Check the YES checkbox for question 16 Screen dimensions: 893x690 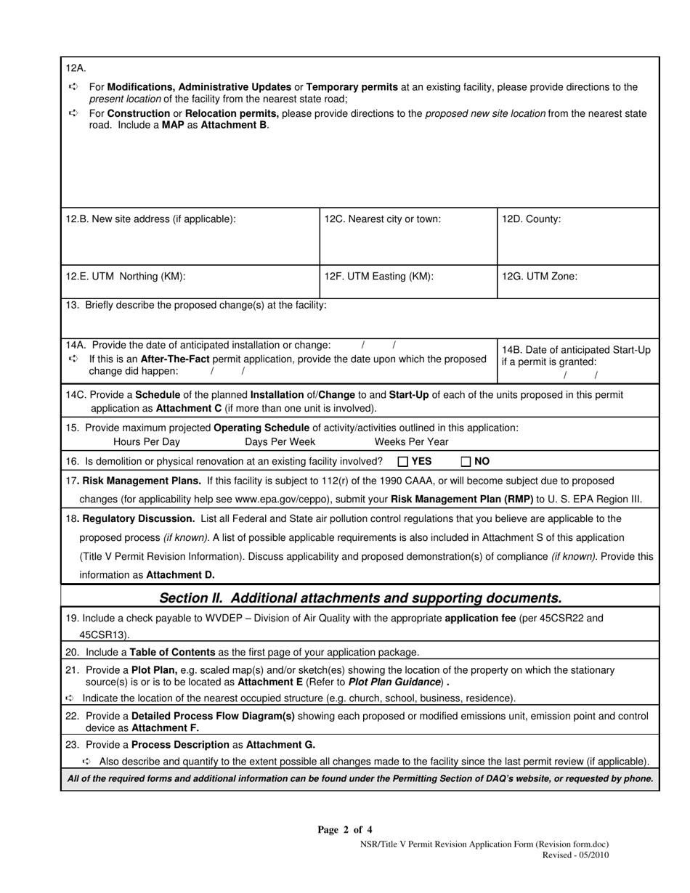403,461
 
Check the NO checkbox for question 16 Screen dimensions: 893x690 466,461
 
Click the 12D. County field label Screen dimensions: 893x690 532,219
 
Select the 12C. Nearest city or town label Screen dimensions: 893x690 382,219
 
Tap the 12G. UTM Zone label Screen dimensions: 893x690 540,276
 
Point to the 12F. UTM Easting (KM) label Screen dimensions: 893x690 378,276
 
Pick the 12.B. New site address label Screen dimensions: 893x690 150,219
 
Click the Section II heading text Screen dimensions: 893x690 360,598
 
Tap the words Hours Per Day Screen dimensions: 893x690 147,441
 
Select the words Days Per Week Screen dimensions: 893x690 280,441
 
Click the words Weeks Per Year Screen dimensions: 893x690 411,441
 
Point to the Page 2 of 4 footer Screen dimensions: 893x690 345,830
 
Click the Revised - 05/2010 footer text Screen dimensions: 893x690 575,855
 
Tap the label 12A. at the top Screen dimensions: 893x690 76,68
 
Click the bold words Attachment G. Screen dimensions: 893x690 281,744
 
